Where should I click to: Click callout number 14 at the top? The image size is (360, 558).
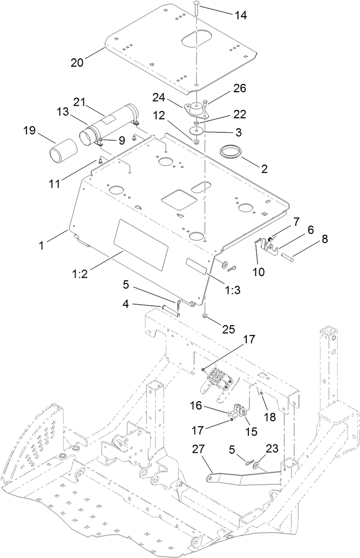(240, 15)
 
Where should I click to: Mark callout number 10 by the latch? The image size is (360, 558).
(258, 271)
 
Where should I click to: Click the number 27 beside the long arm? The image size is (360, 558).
(200, 449)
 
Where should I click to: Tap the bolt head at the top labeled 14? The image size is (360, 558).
(196, 4)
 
